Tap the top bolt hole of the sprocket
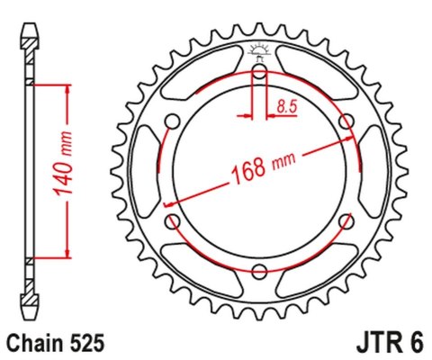260,72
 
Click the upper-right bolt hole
346,122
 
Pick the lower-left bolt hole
174,221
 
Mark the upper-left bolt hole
174,122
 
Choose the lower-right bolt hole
346,221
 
